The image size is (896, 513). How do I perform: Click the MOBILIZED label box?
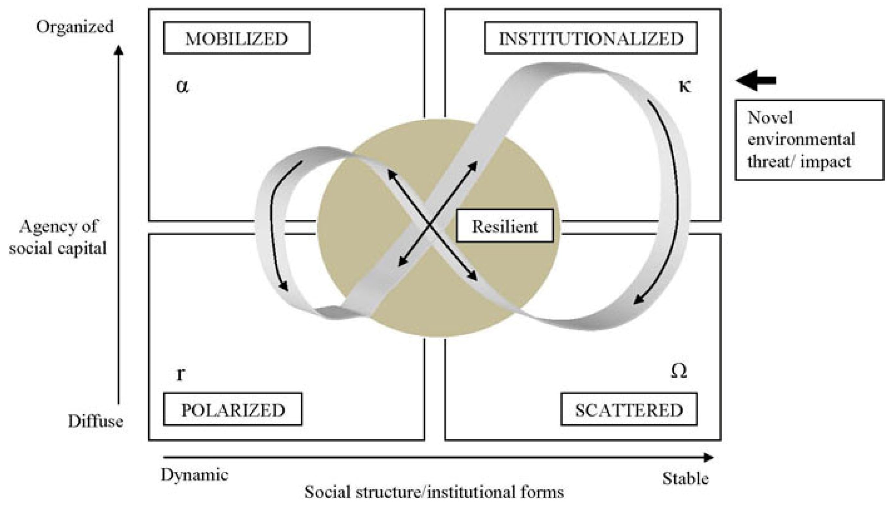(x=236, y=38)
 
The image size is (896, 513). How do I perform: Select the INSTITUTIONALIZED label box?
(x=591, y=38)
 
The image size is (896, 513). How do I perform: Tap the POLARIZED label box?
(x=233, y=409)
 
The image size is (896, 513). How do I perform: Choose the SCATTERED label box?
(x=629, y=409)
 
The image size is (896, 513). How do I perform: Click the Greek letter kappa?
(x=685, y=86)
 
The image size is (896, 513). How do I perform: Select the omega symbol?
(x=679, y=371)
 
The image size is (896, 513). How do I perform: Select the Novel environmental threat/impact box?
(x=809, y=140)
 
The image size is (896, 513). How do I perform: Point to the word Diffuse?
(x=95, y=421)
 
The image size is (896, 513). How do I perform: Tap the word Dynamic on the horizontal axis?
(x=194, y=475)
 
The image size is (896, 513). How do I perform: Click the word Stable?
(x=685, y=479)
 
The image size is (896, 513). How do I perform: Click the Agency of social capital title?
(x=58, y=237)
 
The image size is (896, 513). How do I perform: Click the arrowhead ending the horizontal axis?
(x=709, y=458)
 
